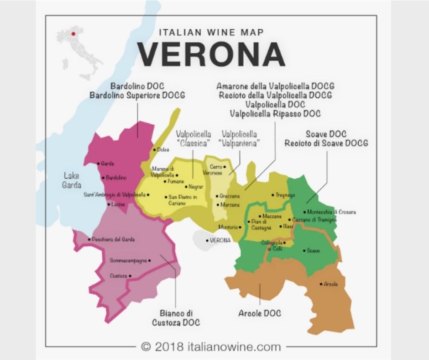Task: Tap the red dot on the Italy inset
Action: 73,33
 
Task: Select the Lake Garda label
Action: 72,180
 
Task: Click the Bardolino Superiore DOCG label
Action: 137,95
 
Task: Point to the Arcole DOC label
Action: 260,313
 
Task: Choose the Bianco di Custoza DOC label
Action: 176,318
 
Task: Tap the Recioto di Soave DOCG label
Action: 326,143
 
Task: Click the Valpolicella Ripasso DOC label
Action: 275,113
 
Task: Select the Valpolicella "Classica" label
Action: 193,138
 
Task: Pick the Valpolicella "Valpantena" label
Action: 239,138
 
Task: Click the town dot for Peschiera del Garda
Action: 89,239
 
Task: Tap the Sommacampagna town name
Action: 128,260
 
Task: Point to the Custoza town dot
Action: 130,276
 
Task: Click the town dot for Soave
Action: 304,250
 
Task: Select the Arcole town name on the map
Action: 331,284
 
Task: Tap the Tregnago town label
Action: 286,195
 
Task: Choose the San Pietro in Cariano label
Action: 183,200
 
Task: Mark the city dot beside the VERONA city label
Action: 207,240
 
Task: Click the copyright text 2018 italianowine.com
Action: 211,346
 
